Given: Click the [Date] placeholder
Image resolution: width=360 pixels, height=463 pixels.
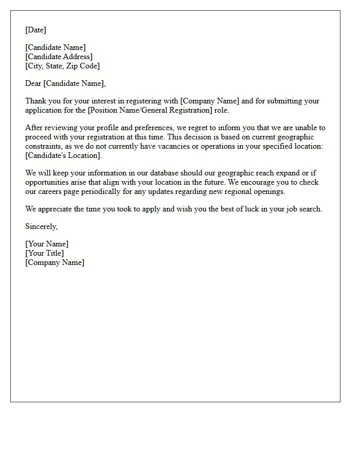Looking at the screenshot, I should click(35, 30).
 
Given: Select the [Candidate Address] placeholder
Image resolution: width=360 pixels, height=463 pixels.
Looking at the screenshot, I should click(59, 57).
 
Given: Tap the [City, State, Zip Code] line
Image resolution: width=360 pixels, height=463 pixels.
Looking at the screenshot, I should click(62, 66).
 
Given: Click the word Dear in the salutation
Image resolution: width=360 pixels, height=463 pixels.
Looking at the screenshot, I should click(33, 83).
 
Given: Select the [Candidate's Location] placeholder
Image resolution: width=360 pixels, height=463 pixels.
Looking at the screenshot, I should click(63, 155).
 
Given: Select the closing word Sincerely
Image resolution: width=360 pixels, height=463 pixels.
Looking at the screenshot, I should click(41, 226).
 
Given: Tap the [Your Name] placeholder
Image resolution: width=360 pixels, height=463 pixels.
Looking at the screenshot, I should click(47, 244).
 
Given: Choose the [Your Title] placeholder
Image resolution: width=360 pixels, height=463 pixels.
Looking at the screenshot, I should click(45, 253).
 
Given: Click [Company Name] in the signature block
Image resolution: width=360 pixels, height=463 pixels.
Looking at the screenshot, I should click(55, 262).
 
